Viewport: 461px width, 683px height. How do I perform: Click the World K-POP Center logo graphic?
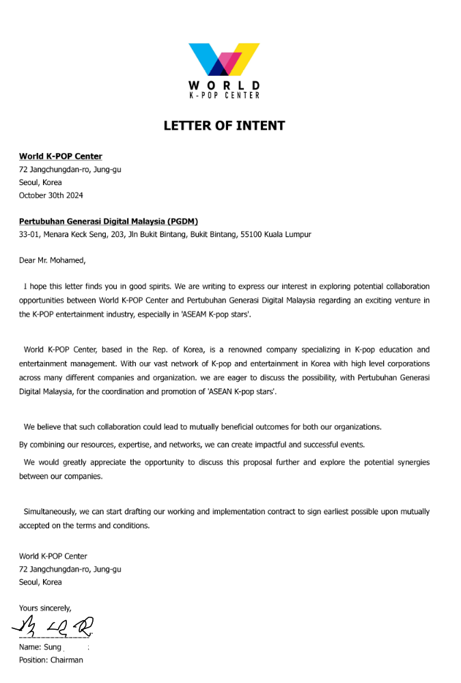point(224,60)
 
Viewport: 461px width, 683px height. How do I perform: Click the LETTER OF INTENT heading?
point(224,126)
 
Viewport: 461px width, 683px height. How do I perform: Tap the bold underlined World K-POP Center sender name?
point(60,156)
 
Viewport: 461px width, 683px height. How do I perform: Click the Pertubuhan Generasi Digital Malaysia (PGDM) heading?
point(109,221)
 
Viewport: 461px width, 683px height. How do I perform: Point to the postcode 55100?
point(253,234)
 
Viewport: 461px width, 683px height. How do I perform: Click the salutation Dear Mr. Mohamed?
point(53,260)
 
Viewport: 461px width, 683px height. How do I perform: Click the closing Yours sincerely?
point(45,608)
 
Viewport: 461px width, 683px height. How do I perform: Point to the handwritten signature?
point(52,625)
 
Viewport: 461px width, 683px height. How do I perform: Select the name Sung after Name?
point(53,647)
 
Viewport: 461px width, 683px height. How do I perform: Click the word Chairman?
point(66,660)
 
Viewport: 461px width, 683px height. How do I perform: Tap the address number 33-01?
point(29,234)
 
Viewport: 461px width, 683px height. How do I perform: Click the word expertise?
point(124,445)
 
